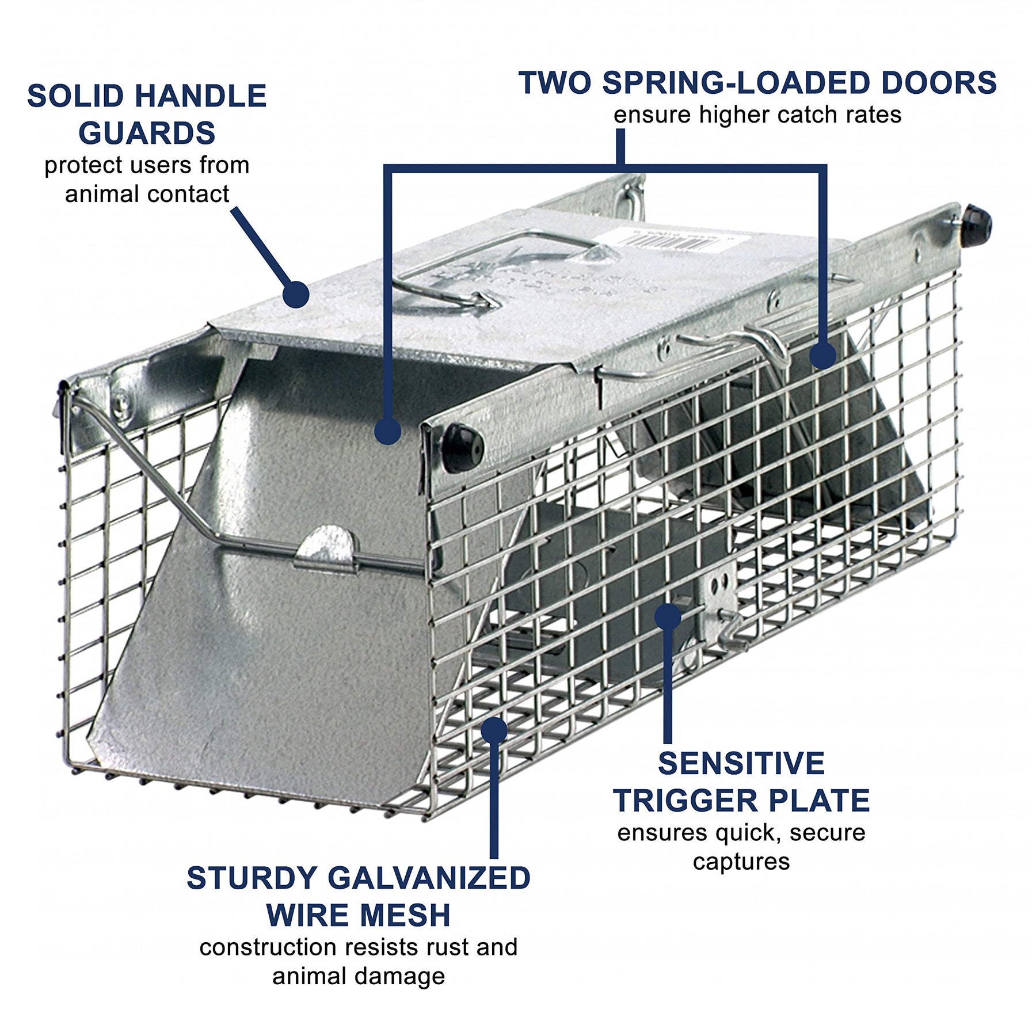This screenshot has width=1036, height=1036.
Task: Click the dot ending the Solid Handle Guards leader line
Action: tap(296, 295)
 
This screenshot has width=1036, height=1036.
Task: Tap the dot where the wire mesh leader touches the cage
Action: tap(494, 730)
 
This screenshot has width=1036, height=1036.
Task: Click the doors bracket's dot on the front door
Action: tap(387, 431)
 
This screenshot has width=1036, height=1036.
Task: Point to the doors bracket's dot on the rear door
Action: tap(822, 356)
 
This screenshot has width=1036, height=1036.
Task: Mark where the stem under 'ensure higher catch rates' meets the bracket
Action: tap(620, 167)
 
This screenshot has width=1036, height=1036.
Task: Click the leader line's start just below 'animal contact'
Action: tap(234, 210)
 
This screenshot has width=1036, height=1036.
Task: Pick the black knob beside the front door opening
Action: tap(462, 447)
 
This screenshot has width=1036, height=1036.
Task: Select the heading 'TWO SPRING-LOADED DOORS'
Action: tap(757, 83)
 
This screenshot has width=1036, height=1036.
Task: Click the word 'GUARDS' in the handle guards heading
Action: tap(147, 133)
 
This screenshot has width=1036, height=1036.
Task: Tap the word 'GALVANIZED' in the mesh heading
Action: tap(429, 878)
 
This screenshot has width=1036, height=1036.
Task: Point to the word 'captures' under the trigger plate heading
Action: tap(741, 862)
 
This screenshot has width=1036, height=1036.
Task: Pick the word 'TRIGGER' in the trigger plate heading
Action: tap(686, 801)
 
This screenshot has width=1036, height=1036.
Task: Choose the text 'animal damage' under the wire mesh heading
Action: tap(359, 977)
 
